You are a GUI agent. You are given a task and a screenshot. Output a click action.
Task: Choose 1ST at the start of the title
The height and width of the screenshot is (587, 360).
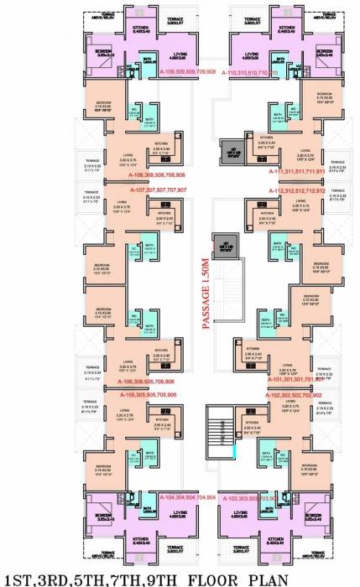(x=18, y=578)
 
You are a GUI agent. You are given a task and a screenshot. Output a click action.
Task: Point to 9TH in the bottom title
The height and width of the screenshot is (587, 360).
(x=152, y=578)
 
